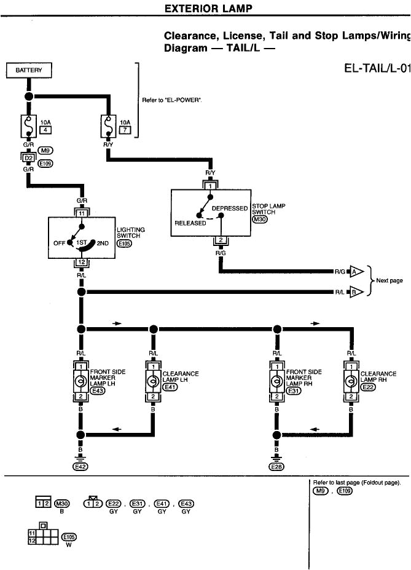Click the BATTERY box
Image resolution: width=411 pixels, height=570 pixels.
29,70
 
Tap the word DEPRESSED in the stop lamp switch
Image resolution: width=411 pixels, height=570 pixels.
229,208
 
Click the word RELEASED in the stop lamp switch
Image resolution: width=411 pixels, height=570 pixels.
190,223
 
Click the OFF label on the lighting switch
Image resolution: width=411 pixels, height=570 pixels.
59,243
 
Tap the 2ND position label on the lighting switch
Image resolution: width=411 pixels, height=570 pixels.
103,243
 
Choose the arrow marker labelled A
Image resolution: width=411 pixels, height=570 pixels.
354,271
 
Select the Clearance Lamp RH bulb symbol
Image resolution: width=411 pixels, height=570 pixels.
351,381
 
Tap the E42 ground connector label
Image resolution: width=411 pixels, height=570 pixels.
80,466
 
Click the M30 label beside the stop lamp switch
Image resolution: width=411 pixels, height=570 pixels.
259,220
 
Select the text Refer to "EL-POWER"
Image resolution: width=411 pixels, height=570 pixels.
172,100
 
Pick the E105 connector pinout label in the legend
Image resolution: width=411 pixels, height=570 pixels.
69,536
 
